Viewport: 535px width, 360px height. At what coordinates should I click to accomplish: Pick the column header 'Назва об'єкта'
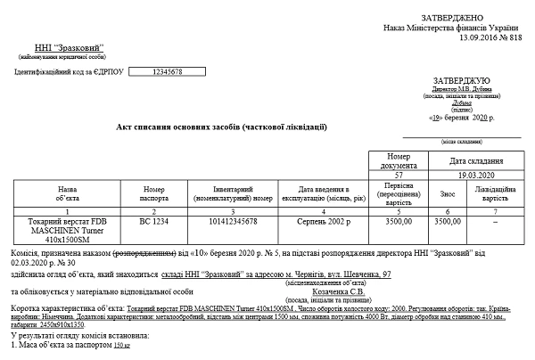67,194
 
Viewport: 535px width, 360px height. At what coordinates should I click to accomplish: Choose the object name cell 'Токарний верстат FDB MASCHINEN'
67,226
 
